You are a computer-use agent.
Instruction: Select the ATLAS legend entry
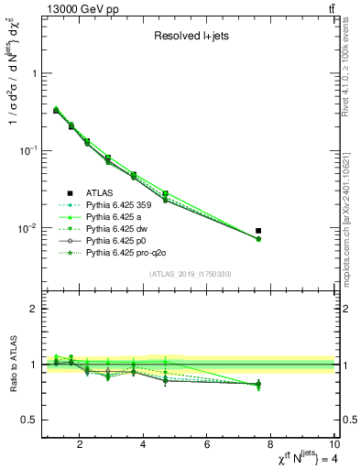(100, 193)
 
